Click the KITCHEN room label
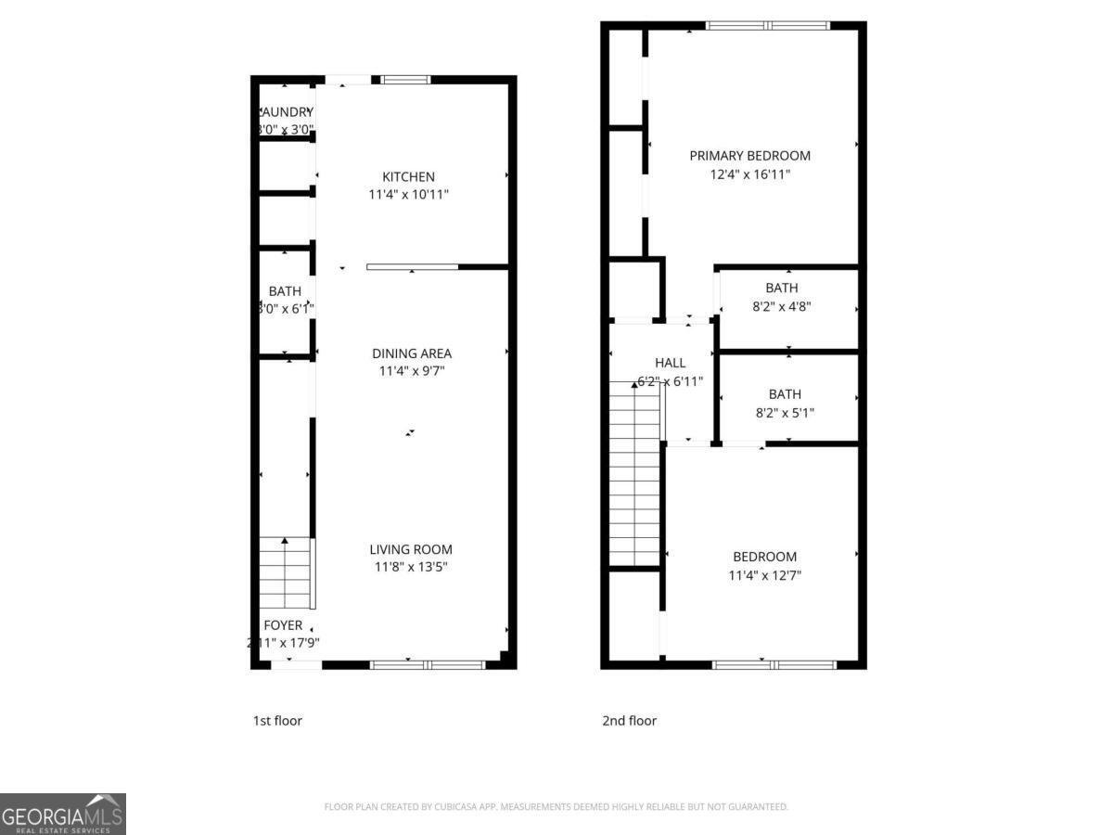click(x=408, y=177)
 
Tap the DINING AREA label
click(x=412, y=353)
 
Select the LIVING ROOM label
click(x=411, y=549)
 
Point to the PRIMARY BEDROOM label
click(x=749, y=156)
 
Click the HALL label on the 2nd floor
click(x=670, y=363)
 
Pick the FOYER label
click(x=283, y=625)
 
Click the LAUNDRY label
click(x=286, y=112)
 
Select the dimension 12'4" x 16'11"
click(x=749, y=174)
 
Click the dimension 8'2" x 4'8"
click(x=782, y=306)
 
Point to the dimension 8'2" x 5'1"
click(x=785, y=413)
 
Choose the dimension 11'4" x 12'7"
click(x=764, y=575)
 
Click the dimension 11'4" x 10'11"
click(x=408, y=196)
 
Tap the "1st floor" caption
click(x=277, y=721)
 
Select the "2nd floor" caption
click(x=629, y=721)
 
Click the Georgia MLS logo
click(x=63, y=814)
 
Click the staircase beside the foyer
click(x=286, y=572)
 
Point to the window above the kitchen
click(x=406, y=80)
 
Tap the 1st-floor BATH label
click(x=285, y=291)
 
